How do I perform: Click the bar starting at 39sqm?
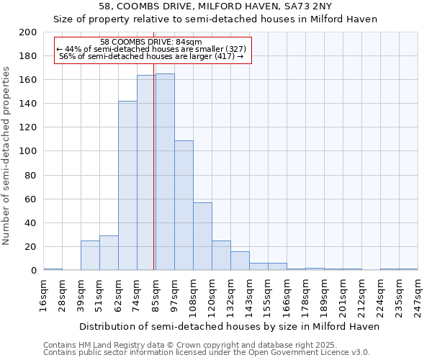pyautogui.click(x=90, y=256)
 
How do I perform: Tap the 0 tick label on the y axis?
pyautogui.click(x=33, y=271)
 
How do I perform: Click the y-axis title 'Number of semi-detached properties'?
pyautogui.click(x=7, y=156)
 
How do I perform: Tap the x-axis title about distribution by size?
pyautogui.click(x=229, y=326)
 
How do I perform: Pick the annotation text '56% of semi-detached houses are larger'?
pyautogui.click(x=151, y=56)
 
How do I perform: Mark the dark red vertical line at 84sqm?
pyautogui.click(x=154, y=180)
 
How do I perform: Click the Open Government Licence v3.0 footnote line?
pyautogui.click(x=207, y=353)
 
